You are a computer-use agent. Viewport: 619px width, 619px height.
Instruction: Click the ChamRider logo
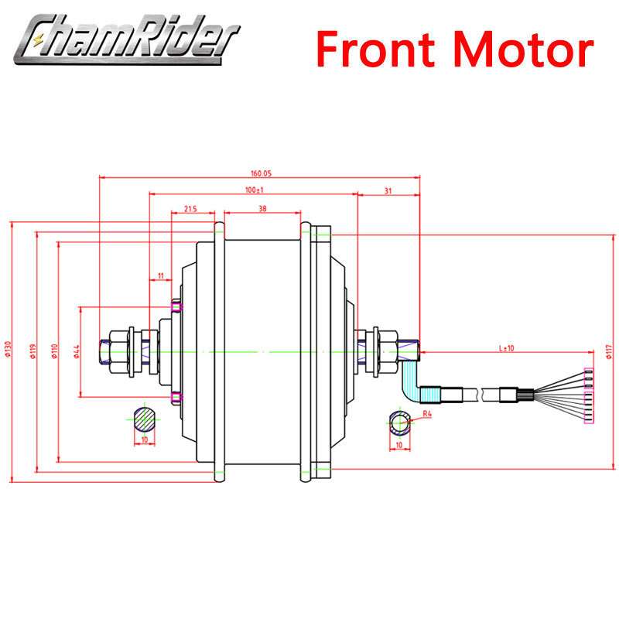coord(126,39)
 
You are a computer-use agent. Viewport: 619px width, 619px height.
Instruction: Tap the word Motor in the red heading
coord(524,50)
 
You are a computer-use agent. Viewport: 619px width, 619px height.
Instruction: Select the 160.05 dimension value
coord(261,173)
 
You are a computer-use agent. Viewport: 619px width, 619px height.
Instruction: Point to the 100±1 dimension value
coord(255,190)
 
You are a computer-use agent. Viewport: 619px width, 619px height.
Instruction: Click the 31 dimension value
coord(388,190)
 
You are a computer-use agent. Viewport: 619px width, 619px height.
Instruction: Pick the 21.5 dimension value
coord(190,208)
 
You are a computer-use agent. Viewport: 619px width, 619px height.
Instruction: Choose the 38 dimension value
coord(262,208)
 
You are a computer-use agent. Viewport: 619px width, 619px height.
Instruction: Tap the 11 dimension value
coord(161,275)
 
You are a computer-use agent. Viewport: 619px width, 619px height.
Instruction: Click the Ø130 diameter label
coord(9,349)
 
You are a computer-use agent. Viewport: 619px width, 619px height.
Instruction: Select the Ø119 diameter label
coord(33,351)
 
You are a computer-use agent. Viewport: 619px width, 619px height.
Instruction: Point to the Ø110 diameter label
coord(54,351)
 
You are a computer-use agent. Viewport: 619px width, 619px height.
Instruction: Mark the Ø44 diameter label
coord(77,351)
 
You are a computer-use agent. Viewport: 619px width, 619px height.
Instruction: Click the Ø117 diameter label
coord(609,351)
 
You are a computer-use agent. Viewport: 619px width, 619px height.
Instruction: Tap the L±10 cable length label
coord(507,348)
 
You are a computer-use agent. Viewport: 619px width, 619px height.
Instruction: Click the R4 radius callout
coord(427,414)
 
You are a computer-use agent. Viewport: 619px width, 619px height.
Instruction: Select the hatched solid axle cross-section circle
coord(144,419)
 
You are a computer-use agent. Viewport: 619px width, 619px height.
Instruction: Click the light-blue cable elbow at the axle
coord(409,381)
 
